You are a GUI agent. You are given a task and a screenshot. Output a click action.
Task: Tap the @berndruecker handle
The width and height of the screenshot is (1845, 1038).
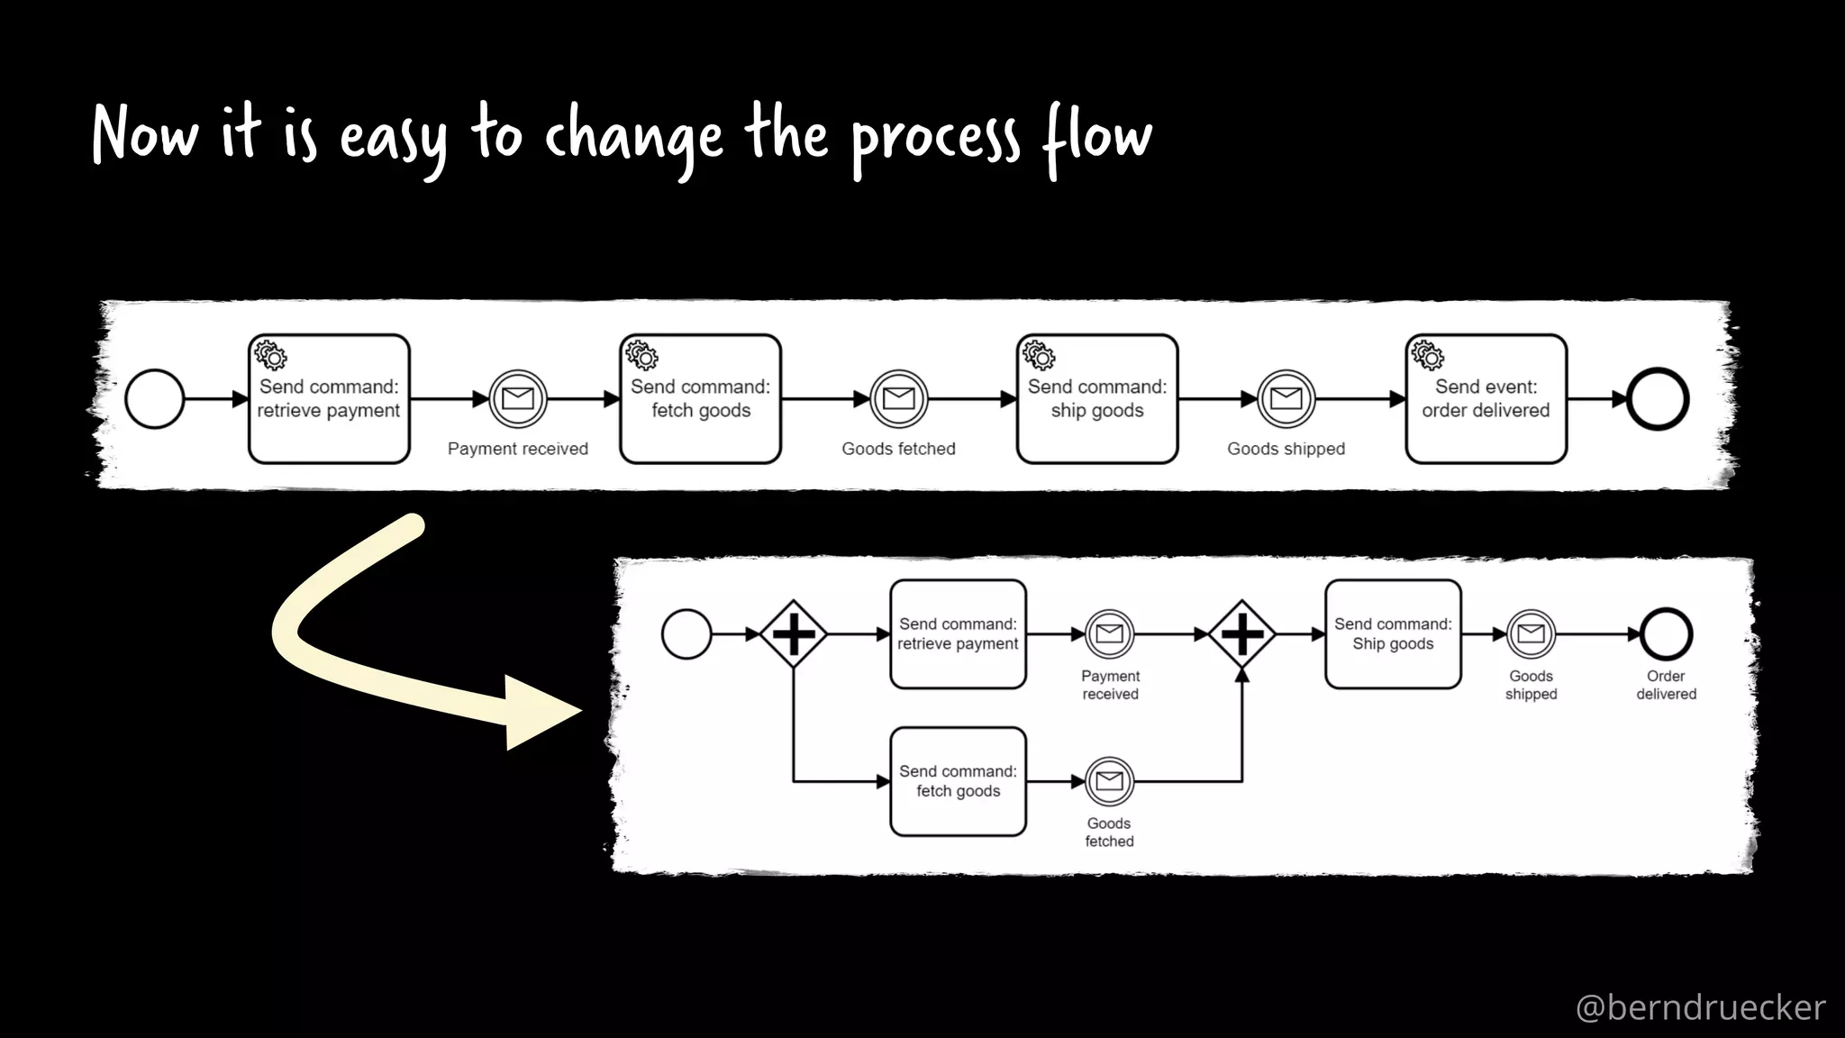[x=1700, y=1006]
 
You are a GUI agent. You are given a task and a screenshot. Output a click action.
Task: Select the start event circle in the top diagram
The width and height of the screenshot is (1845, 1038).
[x=155, y=398]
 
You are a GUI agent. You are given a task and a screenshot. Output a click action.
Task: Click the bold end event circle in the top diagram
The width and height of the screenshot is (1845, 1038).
[x=1658, y=398]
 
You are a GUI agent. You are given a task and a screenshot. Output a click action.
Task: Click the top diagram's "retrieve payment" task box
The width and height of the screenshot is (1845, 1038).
[x=329, y=399]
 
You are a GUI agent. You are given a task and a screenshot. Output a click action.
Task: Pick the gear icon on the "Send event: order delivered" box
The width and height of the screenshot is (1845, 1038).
[x=1428, y=355]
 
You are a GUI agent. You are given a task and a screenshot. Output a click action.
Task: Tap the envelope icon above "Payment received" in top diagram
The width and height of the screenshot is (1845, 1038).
[x=518, y=398]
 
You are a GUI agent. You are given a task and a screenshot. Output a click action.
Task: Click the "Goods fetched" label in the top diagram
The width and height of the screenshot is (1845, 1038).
[x=898, y=449]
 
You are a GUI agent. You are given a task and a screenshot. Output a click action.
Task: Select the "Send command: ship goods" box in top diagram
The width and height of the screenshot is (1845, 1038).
[x=1097, y=399]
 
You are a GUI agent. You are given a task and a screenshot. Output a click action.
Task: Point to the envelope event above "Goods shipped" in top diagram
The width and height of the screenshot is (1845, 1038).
[x=1286, y=398]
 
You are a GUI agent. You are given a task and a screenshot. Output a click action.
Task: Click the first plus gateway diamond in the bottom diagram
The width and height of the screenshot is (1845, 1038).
[x=793, y=634]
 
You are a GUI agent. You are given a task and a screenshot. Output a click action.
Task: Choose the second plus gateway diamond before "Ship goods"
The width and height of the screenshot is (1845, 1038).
[x=1241, y=634]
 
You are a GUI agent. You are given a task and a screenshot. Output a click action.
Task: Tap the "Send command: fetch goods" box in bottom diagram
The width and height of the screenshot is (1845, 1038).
[x=958, y=781]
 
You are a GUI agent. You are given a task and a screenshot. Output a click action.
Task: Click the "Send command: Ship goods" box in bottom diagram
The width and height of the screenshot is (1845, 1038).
[x=1393, y=634]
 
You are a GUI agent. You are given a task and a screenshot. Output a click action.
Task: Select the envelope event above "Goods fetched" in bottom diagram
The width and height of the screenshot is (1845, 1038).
[x=1109, y=781]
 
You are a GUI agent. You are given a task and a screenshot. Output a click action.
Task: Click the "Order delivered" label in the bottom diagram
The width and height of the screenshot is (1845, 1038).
[x=1666, y=685]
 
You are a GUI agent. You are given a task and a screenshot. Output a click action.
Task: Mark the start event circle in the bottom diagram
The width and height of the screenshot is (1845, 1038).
[x=686, y=634]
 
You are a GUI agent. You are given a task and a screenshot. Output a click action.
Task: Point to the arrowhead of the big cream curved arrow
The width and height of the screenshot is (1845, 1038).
[x=541, y=712]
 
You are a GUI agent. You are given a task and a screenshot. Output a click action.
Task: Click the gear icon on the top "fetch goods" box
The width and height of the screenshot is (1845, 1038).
[x=642, y=355]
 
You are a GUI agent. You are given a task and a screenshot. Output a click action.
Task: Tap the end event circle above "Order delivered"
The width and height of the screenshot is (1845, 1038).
[x=1666, y=634]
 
